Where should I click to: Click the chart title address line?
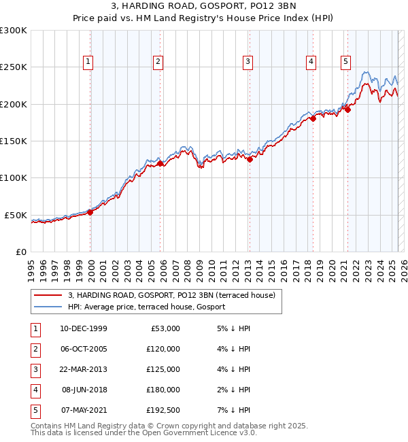click(x=203, y=7)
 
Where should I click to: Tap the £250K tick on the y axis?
click(x=14, y=67)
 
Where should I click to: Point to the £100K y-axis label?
click(x=14, y=177)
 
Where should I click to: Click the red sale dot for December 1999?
click(x=90, y=212)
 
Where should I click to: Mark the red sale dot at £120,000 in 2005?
click(x=160, y=163)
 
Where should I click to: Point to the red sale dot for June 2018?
click(x=313, y=119)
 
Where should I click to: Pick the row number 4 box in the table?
click(x=35, y=390)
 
